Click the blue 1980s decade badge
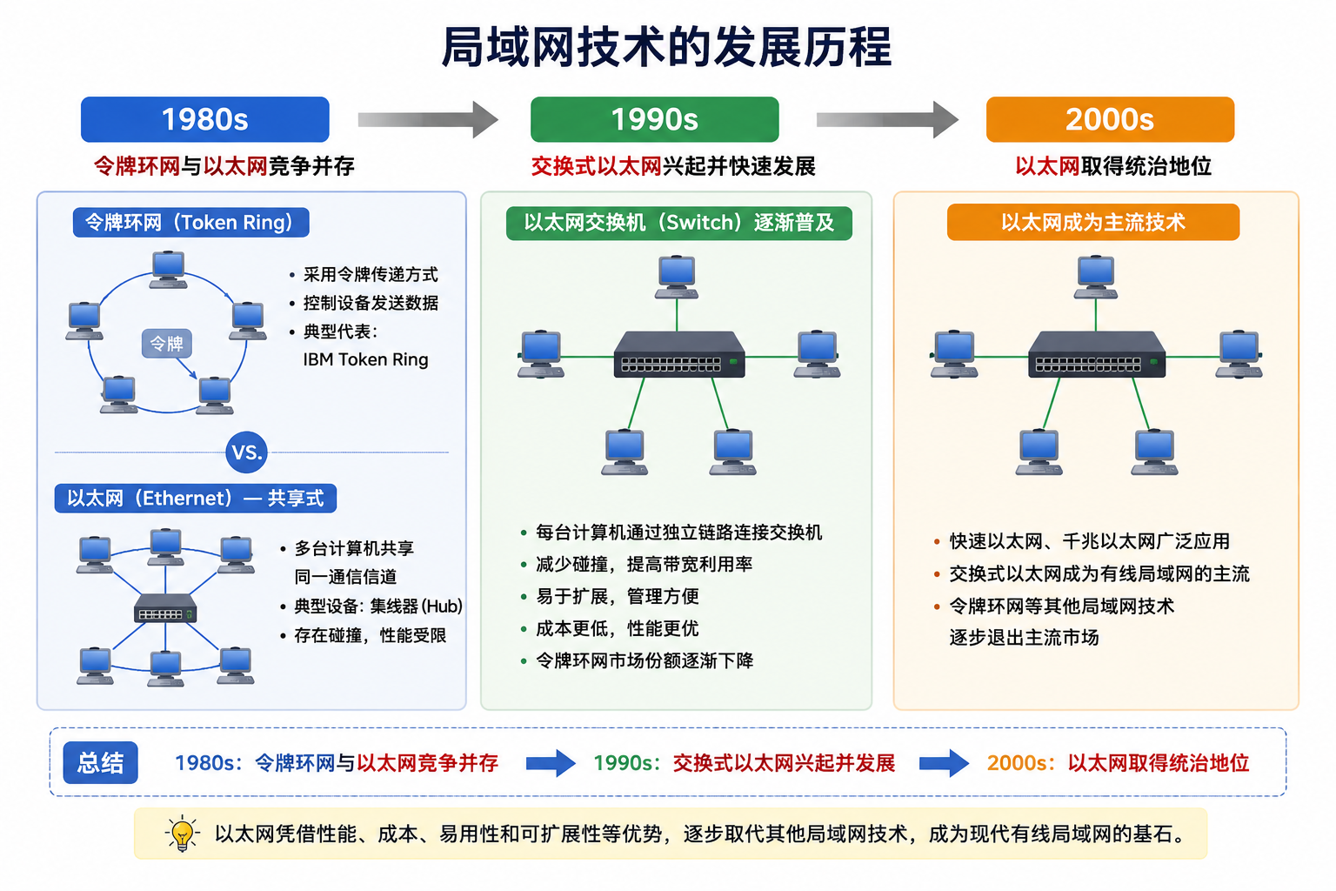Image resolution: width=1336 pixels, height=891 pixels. point(204,119)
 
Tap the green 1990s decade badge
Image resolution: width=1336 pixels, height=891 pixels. point(654,119)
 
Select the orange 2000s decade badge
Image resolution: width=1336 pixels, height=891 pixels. point(1110,119)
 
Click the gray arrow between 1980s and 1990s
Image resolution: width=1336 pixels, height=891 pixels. point(428,119)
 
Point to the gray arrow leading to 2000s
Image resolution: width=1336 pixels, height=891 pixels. point(887,119)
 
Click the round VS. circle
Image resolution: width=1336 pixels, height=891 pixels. point(246,452)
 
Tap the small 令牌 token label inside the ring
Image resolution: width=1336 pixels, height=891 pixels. point(166,343)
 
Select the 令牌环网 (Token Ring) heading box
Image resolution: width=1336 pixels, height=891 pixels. point(190,222)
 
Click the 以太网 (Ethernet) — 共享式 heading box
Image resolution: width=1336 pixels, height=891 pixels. point(195,498)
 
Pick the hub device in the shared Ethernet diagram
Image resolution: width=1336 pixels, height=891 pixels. point(165,609)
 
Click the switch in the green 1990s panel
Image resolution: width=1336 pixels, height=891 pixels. point(679,354)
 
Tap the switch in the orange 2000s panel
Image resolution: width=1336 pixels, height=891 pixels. point(1096,354)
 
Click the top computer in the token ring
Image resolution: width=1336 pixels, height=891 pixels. point(168,270)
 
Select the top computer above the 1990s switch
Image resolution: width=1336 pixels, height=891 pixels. point(677,277)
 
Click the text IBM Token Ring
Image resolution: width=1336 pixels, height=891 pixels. point(365,359)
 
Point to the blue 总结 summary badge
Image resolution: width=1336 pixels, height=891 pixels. point(100,762)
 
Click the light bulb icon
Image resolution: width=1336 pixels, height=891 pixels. point(182,833)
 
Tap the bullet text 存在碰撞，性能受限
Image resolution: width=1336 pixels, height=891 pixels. point(370,635)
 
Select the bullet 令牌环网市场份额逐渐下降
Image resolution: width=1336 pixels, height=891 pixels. point(645,660)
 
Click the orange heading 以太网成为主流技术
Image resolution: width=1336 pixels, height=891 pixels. point(1092,222)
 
